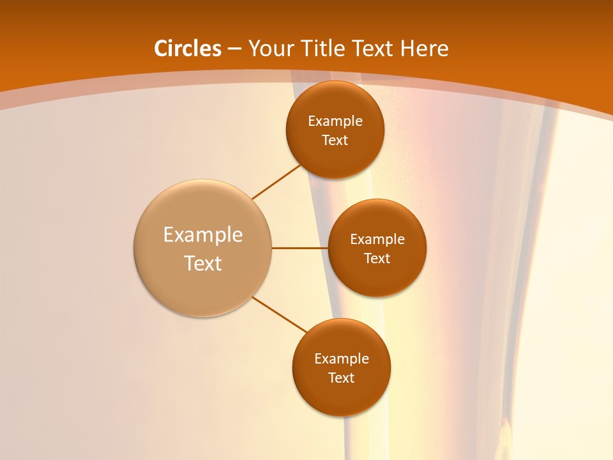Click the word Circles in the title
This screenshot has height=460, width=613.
[188, 49]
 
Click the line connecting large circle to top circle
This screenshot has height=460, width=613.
[276, 181]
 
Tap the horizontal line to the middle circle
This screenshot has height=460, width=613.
[300, 248]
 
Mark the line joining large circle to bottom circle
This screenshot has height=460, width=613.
[280, 314]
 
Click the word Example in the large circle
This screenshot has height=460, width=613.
[203, 235]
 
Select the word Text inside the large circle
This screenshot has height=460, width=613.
[203, 263]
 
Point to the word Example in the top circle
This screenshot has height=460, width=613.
[335, 121]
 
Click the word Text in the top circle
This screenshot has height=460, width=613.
[335, 141]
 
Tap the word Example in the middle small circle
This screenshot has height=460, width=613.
[377, 240]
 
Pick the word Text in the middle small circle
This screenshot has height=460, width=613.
[377, 259]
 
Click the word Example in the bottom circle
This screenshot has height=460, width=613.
[342, 359]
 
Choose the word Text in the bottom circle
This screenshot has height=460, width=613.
[342, 378]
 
